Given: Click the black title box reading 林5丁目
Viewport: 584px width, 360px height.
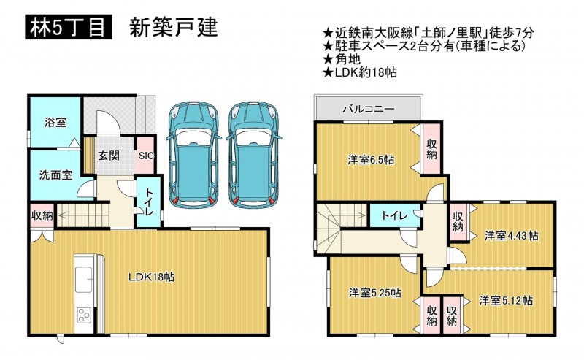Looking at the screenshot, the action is pos(69,28).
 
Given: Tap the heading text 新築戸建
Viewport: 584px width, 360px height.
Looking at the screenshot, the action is pos(174,28).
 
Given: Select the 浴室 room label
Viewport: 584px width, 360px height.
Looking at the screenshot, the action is pos(55,122).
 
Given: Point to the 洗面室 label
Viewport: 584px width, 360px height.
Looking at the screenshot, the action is pos(55,175).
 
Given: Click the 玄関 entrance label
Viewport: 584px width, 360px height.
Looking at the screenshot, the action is pos(109,156).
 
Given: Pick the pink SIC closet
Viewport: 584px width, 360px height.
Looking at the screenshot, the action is pos(145,156).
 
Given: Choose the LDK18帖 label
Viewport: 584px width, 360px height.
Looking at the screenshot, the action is pos(152,277).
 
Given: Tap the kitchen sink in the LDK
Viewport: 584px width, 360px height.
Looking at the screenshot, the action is pos(84,280).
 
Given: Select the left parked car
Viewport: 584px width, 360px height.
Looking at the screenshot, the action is pos(193,155).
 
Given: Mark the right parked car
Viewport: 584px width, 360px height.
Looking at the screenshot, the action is pos(254,155).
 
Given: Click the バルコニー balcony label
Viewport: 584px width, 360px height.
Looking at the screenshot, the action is pos(369,110).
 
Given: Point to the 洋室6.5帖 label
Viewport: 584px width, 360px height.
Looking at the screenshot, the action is pos(371,160).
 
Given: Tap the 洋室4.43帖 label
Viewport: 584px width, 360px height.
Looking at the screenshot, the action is pos(511,236).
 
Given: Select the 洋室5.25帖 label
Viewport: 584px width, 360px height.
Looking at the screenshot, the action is pos(374,293).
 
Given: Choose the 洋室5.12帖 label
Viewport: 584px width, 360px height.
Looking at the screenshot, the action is pos(506,300).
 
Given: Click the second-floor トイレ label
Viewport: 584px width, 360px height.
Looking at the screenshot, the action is pos(394,215).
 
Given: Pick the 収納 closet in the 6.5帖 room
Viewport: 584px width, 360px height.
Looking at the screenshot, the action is pos(431,148).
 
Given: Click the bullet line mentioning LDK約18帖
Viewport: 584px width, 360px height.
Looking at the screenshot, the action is pos(360,72).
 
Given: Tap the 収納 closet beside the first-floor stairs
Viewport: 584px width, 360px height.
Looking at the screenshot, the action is pos(42,215).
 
